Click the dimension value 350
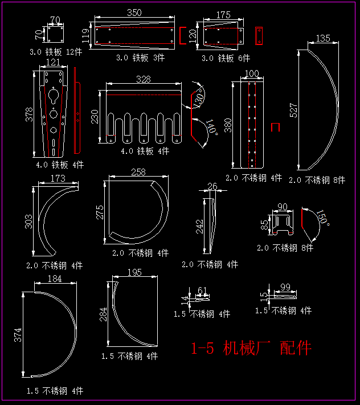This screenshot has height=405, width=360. click(134, 13)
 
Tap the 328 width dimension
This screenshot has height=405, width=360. click(144, 79)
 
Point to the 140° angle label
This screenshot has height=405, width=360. click(211, 127)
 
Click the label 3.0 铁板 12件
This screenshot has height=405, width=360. click(56, 52)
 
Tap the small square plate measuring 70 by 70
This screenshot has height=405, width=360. click(55, 34)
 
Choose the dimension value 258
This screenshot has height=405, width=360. click(138, 172)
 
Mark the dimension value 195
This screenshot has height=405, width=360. click(135, 273)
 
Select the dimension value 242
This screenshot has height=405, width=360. click(199, 226)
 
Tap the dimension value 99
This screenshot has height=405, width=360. click(286, 287)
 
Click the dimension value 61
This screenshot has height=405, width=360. click(202, 291)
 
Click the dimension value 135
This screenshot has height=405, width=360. click(322, 39)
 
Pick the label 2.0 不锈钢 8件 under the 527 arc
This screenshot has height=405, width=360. click(317, 180)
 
